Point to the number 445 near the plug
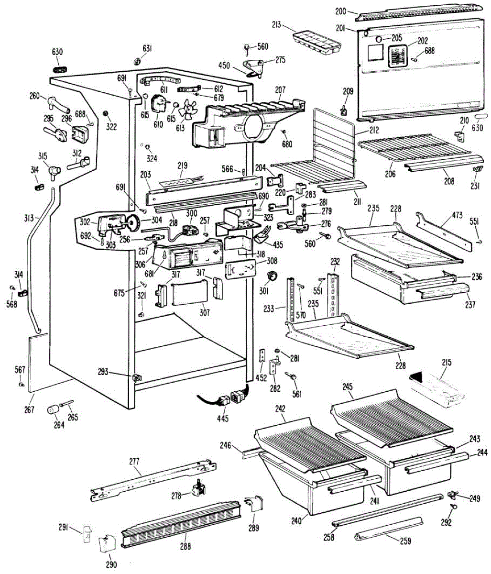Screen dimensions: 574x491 coord(222,419)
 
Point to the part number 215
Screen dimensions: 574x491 coord(446,363)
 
